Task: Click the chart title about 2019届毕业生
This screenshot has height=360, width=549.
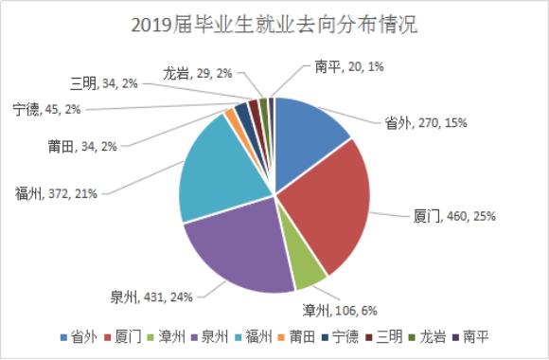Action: click(274, 25)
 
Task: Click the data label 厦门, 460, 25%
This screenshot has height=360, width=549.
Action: click(454, 216)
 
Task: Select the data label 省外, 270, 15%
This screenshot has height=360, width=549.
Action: click(426, 123)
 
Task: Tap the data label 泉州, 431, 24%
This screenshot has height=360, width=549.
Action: click(151, 297)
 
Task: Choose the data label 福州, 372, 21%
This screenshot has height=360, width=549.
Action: click(56, 193)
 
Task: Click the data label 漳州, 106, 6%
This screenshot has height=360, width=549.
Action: click(340, 311)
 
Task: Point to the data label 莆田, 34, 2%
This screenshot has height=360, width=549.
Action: click(82, 147)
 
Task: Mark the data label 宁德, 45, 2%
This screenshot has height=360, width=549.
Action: click(47, 109)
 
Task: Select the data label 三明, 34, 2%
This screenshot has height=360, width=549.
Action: click(104, 83)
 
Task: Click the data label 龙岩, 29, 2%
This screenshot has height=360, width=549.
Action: click(198, 74)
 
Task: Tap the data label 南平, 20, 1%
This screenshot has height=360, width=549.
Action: click(349, 66)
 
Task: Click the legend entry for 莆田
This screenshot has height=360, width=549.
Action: click(296, 337)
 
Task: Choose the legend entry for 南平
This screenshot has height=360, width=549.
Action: click(470, 337)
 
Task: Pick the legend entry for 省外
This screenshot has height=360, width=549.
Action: click(79, 337)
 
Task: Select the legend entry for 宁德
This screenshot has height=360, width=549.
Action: click(340, 337)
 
